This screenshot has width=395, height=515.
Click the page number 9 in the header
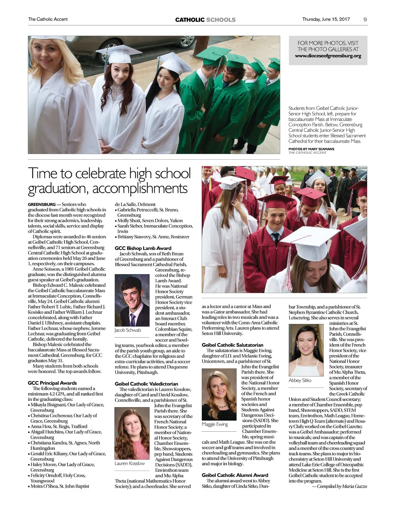pos(365,19)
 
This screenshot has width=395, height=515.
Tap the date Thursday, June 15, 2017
pos(326,19)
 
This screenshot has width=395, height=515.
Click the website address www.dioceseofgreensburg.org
pos(328,56)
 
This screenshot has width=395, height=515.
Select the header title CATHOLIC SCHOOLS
pos(205,20)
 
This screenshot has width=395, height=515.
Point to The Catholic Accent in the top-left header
pos(48,19)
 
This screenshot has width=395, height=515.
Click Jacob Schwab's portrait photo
pos(132,300)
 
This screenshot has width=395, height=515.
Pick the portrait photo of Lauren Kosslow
pos(132,433)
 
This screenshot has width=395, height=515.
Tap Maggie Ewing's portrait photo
pos(219,394)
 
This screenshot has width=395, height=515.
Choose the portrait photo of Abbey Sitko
pos(306,350)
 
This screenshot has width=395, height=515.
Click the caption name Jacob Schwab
pos(128,330)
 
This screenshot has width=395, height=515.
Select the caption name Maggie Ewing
pos(215,424)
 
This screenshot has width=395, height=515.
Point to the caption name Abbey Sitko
pos(300,380)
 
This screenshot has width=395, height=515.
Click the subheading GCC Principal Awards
pos(52,383)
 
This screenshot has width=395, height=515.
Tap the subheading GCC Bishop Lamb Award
pos(143,248)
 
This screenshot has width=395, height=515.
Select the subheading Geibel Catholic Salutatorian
pos(232,345)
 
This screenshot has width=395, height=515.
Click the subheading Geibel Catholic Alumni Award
pos(235,475)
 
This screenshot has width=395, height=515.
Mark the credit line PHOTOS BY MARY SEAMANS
pos(311,149)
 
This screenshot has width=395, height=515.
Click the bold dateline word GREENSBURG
pos(42,204)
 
